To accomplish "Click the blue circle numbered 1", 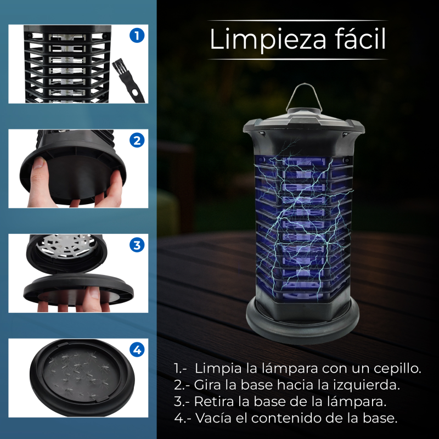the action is (137, 36).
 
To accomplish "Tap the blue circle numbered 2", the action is (137, 140).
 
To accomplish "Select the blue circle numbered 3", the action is (137, 245).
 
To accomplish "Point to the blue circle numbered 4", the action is (137, 350).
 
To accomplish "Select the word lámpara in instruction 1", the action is (291, 369).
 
